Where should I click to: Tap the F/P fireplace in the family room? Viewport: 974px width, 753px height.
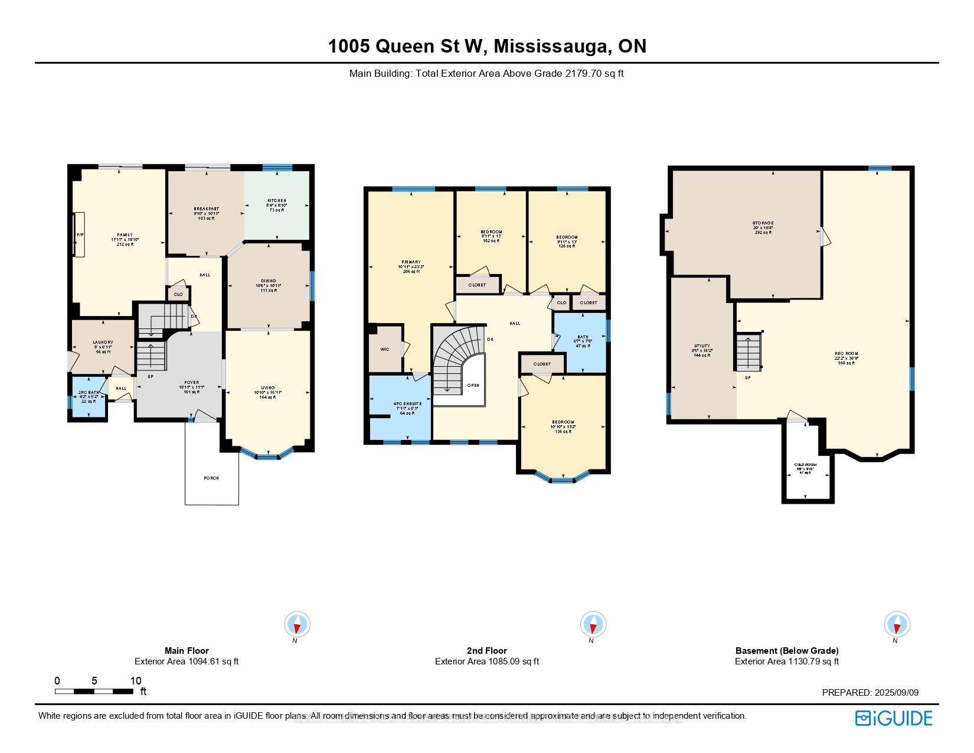tap(79, 234)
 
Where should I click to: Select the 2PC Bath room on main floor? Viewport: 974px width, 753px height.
tap(87, 397)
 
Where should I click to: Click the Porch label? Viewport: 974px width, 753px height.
tap(211, 478)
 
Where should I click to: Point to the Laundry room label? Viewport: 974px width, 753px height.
tap(103, 343)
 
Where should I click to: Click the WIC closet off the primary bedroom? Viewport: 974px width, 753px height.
tap(385, 350)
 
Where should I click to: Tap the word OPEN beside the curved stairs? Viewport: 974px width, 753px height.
tap(473, 385)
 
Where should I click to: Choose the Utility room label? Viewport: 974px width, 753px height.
tap(702, 347)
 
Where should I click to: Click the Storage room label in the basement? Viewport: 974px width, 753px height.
tap(763, 223)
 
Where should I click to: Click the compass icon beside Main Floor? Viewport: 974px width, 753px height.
tap(297, 624)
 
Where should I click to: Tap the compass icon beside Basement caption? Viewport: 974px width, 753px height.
tap(897, 624)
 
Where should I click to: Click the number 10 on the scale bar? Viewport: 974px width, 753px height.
tap(136, 680)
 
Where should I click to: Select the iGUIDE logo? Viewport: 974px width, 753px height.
tap(894, 718)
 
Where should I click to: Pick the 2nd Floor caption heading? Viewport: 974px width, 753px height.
tap(487, 650)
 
